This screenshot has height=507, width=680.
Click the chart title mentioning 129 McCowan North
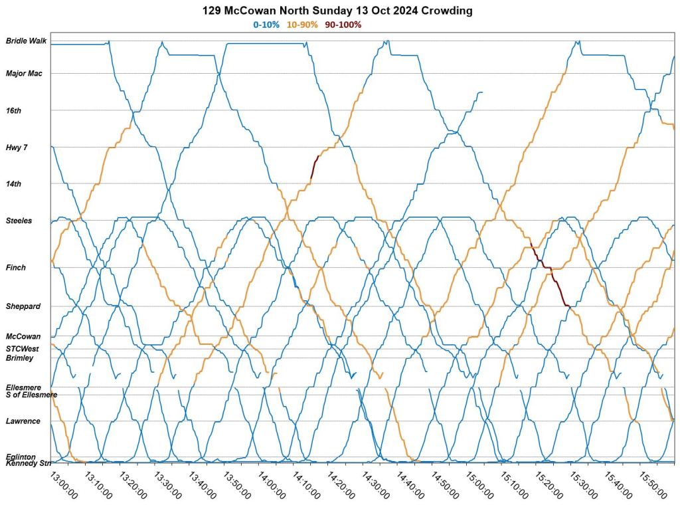tap(340, 11)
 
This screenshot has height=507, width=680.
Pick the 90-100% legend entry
tap(343, 25)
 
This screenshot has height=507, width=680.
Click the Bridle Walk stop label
tap(26, 41)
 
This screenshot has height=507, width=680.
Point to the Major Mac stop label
tap(24, 74)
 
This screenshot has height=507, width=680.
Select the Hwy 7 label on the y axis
tap(17, 148)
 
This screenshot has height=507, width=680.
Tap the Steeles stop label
tap(19, 221)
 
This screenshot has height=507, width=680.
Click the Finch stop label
tap(16, 268)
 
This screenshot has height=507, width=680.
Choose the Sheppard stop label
tap(23, 306)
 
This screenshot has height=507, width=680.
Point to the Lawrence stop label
tap(23, 421)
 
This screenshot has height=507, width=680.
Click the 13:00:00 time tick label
tap(64, 485)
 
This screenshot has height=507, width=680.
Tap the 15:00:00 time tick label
tap(478, 485)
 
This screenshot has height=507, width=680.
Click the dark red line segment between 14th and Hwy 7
tap(314, 166)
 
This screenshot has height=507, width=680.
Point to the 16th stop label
tap(13, 111)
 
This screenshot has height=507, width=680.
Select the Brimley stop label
tap(19, 358)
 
